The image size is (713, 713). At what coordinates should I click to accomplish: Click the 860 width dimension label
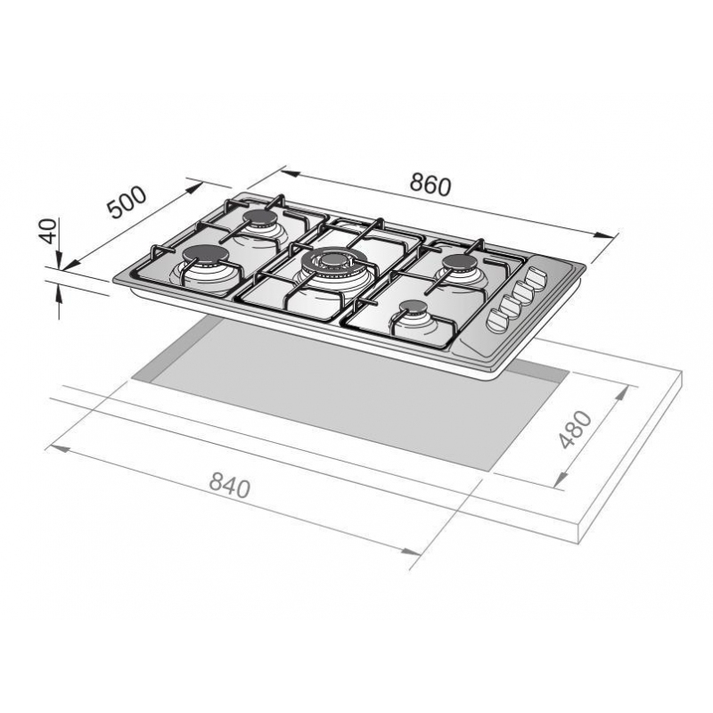[x=430, y=184]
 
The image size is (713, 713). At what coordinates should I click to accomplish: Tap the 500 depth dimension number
[x=127, y=201]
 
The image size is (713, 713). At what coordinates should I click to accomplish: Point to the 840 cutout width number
[x=230, y=485]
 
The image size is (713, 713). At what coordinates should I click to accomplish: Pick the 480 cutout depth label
[x=576, y=430]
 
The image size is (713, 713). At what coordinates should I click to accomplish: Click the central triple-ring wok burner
[x=332, y=260]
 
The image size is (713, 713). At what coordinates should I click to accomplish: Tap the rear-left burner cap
[x=258, y=217]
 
